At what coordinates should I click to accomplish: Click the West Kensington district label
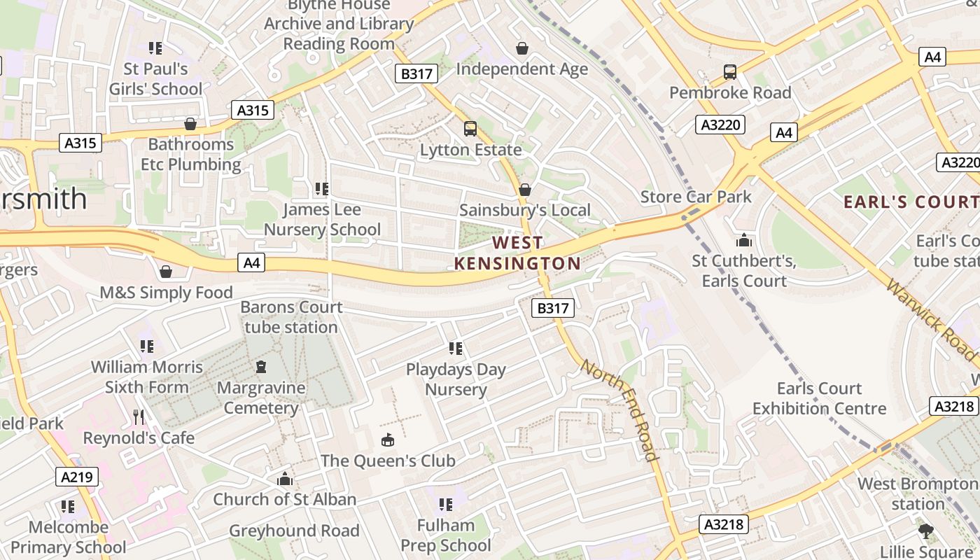(517, 253)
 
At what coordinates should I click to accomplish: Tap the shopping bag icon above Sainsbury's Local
(524, 190)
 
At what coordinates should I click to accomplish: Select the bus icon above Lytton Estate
(470, 129)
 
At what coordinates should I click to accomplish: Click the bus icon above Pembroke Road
(729, 71)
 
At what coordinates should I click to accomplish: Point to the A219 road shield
(77, 477)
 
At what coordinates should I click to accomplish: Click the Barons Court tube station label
(291, 317)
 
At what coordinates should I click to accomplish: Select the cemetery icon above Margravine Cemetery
(261, 366)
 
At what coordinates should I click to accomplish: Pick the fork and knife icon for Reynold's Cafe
(139, 417)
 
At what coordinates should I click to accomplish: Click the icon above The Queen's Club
(387, 440)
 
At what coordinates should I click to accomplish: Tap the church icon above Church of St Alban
(284, 479)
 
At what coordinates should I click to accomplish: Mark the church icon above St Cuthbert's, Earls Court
(743, 241)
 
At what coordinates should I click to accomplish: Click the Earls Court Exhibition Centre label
(819, 398)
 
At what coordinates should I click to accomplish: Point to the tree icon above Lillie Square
(925, 531)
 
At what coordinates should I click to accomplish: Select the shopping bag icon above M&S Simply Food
(166, 272)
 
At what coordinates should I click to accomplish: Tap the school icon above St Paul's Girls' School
(155, 48)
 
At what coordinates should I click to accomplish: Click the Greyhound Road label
(294, 531)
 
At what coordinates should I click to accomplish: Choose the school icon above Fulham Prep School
(445, 504)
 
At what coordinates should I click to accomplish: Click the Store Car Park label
(696, 197)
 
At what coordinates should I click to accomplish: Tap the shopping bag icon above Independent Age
(521, 48)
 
